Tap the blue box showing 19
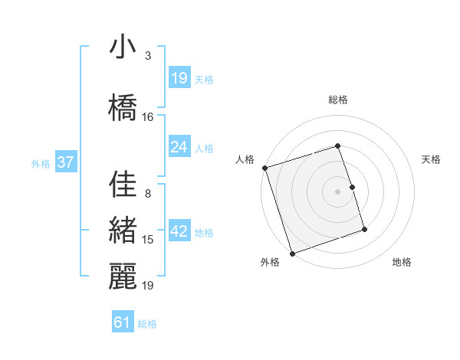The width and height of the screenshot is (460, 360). click(x=179, y=78)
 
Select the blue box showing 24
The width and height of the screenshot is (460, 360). click(x=179, y=147)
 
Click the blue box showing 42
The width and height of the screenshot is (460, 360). click(x=179, y=231)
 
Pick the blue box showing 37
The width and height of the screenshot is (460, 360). click(x=65, y=162)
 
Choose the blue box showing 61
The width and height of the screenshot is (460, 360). click(x=123, y=322)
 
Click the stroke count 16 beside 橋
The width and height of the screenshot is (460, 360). click(x=148, y=117)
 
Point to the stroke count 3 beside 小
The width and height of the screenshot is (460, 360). click(x=148, y=56)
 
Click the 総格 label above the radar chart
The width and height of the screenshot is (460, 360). click(x=338, y=100)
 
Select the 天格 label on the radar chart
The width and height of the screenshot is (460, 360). click(x=431, y=159)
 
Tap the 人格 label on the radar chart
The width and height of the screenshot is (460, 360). click(x=245, y=159)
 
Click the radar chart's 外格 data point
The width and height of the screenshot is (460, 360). click(x=291, y=253)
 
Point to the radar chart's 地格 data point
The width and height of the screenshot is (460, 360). click(x=364, y=230)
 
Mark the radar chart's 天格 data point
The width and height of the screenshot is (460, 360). click(x=352, y=187)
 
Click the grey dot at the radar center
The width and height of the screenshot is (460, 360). click(x=338, y=191)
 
